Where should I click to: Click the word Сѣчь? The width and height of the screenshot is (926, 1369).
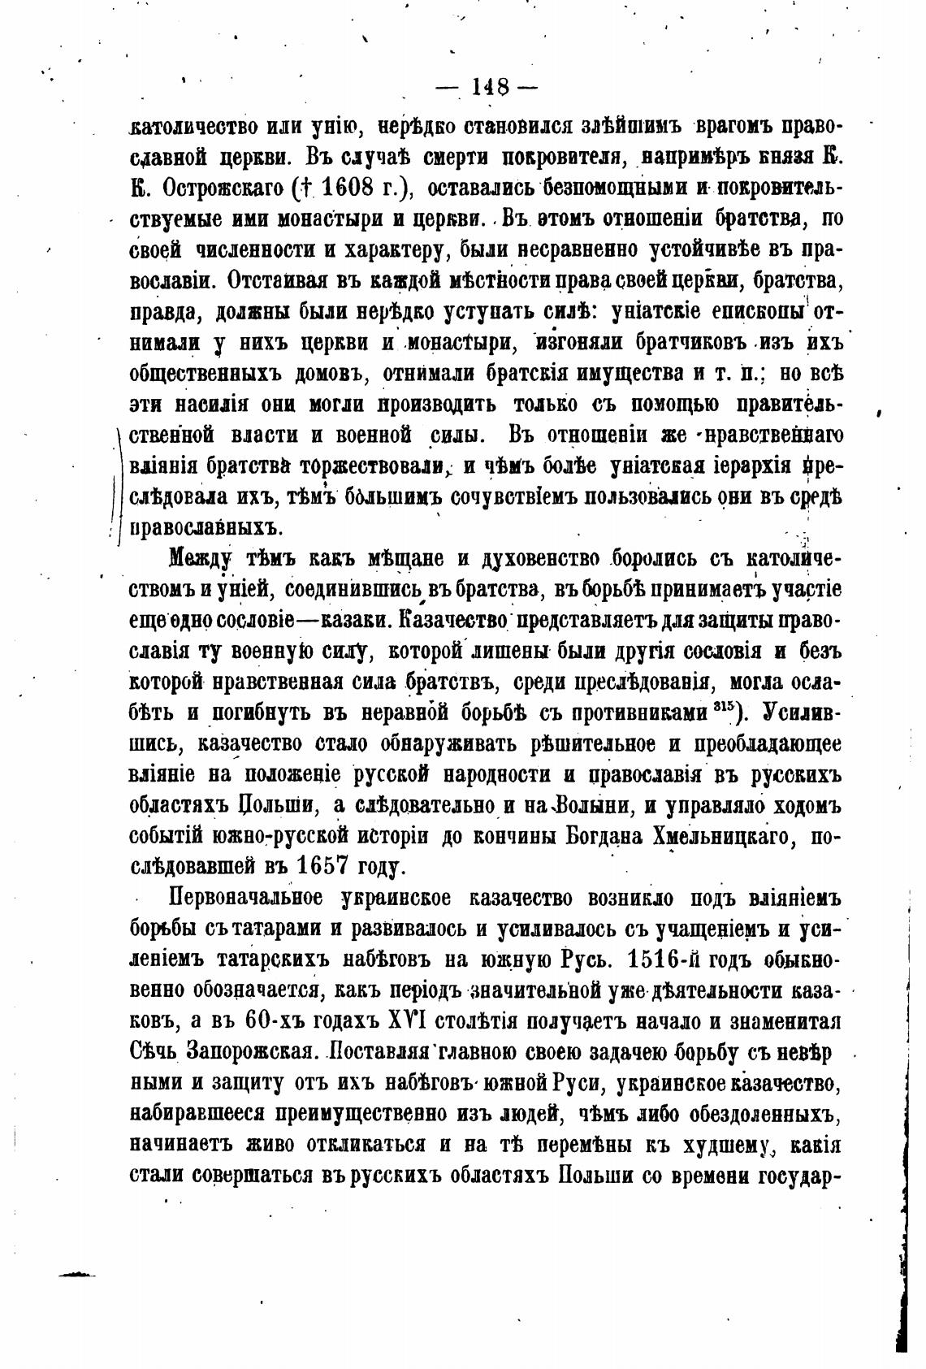pyautogui.click(x=153, y=1051)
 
